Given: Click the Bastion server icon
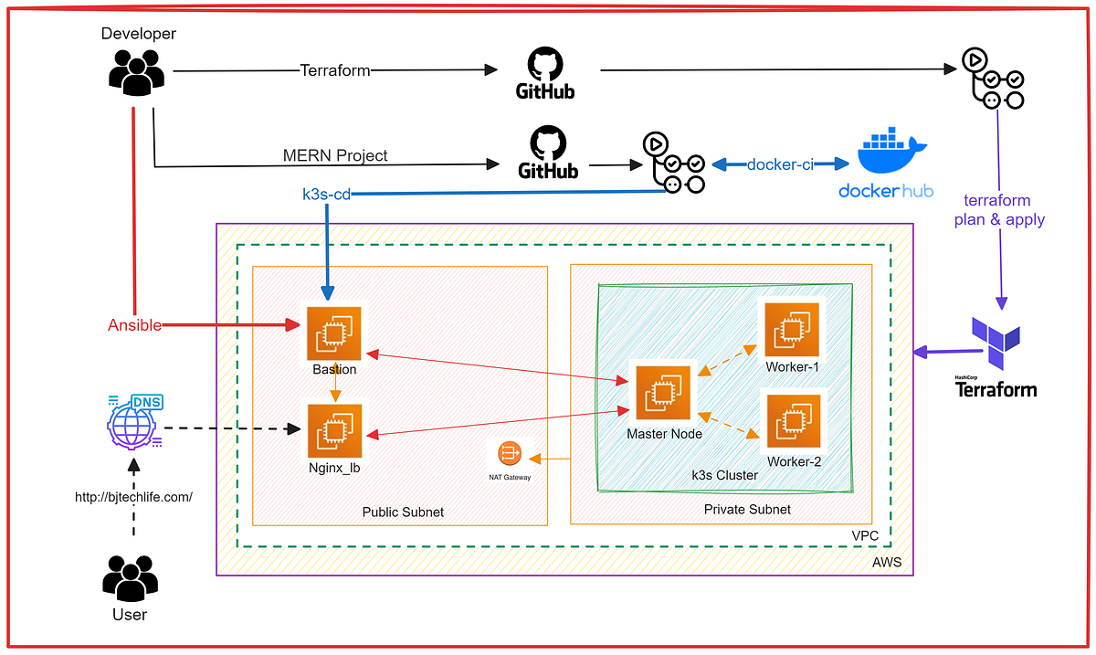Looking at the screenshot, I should tap(333, 333).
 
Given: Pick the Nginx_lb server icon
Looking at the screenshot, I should tap(334, 431).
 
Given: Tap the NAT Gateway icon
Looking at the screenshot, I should tap(509, 454).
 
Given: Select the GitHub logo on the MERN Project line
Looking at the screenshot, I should tap(548, 153).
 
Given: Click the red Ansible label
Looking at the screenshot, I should tap(134, 325).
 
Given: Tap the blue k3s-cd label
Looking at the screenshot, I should tap(326, 195).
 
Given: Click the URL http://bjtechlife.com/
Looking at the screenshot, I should tap(133, 497).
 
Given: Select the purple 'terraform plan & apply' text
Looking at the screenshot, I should tap(998, 210).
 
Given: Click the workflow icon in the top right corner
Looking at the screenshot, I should tap(993, 77).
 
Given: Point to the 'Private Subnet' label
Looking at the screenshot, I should tap(747, 509).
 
